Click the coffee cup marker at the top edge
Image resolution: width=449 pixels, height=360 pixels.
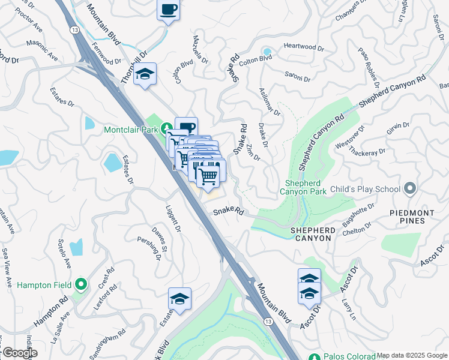pyautogui.click(x=168, y=10)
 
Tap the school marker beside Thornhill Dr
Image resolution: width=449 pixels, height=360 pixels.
pyautogui.click(x=145, y=74)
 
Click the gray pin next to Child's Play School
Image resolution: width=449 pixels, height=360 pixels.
pyautogui.click(x=410, y=189)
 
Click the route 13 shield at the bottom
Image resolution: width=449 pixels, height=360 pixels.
pyautogui.click(x=267, y=322)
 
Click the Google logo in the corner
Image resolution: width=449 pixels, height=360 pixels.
pyautogui.click(x=19, y=353)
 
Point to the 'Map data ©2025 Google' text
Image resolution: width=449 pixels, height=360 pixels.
pyautogui.click(x=412, y=355)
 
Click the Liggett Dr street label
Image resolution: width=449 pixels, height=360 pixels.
pyautogui.click(x=172, y=219)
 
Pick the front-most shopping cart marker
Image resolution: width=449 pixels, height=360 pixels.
pyautogui.click(x=208, y=176)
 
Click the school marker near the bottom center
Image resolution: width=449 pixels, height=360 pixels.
pyautogui.click(x=179, y=299)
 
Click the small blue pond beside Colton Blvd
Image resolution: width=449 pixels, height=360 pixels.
pyautogui.click(x=267, y=52)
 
